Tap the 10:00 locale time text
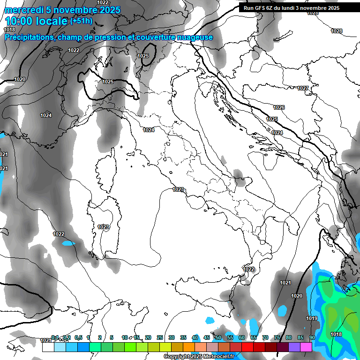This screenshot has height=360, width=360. tap(36, 21)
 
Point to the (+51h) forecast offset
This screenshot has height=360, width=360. tap(81, 21)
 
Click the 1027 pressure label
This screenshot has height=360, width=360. tap(303, 89)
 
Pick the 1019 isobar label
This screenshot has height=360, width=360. tap(312, 319)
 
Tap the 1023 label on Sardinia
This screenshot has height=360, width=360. tap(103, 227)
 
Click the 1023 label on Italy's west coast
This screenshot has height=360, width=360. tap(178, 189)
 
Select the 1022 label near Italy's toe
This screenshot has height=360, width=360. tap(249, 269)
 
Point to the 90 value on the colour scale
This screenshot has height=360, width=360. tap(312, 337)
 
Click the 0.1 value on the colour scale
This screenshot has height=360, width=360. tap(55, 337)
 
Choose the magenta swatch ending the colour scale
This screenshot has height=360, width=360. tap(306, 347)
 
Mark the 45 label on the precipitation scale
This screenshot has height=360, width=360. tap(207, 337)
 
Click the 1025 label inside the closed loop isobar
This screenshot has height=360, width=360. tap(143, 56)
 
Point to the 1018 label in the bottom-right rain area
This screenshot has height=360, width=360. tap(336, 334)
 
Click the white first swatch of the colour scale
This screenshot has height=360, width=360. tap(48, 347)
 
